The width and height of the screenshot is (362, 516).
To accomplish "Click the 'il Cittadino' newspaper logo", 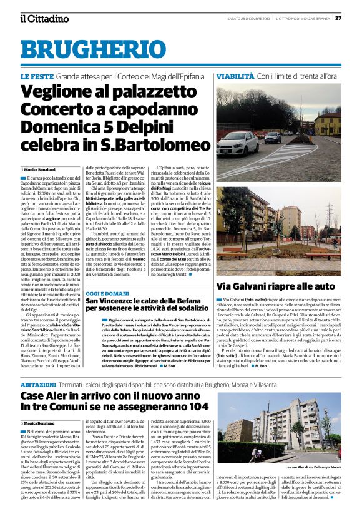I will (44, 18).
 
